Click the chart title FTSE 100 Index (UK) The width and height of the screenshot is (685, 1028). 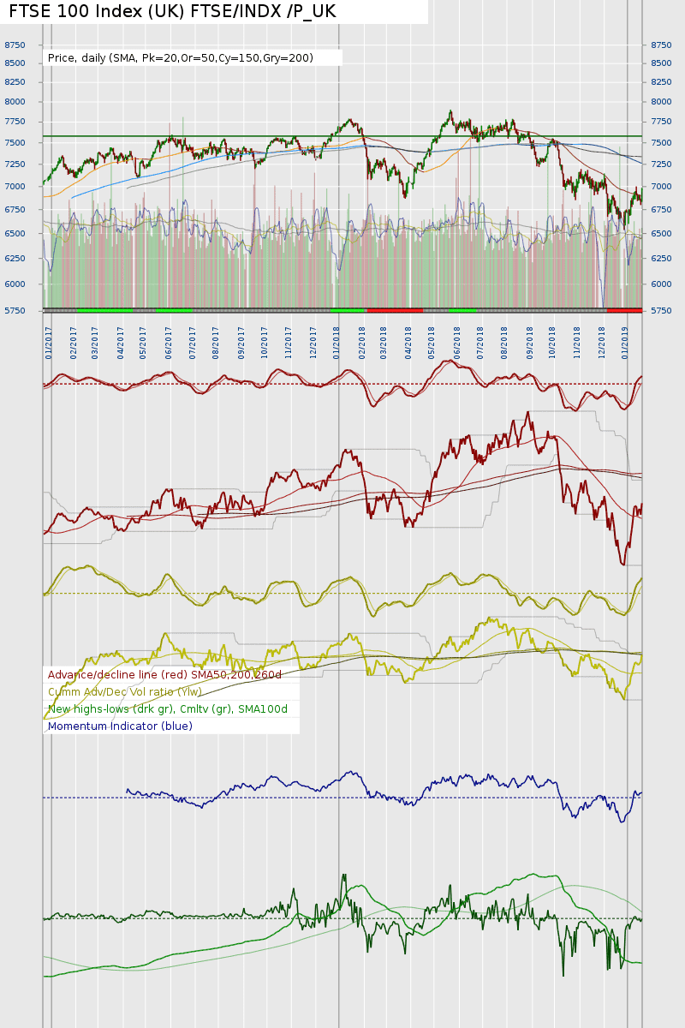point(172,11)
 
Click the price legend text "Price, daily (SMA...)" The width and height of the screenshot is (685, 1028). point(181,58)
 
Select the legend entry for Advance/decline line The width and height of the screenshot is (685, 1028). point(164,675)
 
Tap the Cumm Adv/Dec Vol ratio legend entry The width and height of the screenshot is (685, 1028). point(125,692)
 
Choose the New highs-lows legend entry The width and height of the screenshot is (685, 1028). point(168,709)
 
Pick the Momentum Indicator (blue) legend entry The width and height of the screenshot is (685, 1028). point(120,726)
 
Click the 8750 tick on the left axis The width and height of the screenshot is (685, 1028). point(15,45)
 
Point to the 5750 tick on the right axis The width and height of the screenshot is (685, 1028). point(661,311)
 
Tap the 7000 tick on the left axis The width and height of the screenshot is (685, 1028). point(15,187)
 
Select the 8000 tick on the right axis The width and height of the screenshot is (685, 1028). point(661,102)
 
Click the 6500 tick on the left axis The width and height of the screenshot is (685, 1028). point(15,234)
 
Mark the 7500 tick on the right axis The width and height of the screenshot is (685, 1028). point(661,143)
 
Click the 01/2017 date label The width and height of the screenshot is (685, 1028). point(50,341)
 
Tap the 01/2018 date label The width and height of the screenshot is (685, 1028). point(337,341)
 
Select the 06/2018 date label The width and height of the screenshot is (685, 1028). point(457,341)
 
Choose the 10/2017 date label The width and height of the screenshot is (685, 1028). point(265,341)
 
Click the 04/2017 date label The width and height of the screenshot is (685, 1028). point(121,341)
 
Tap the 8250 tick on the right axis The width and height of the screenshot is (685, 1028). point(661,82)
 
